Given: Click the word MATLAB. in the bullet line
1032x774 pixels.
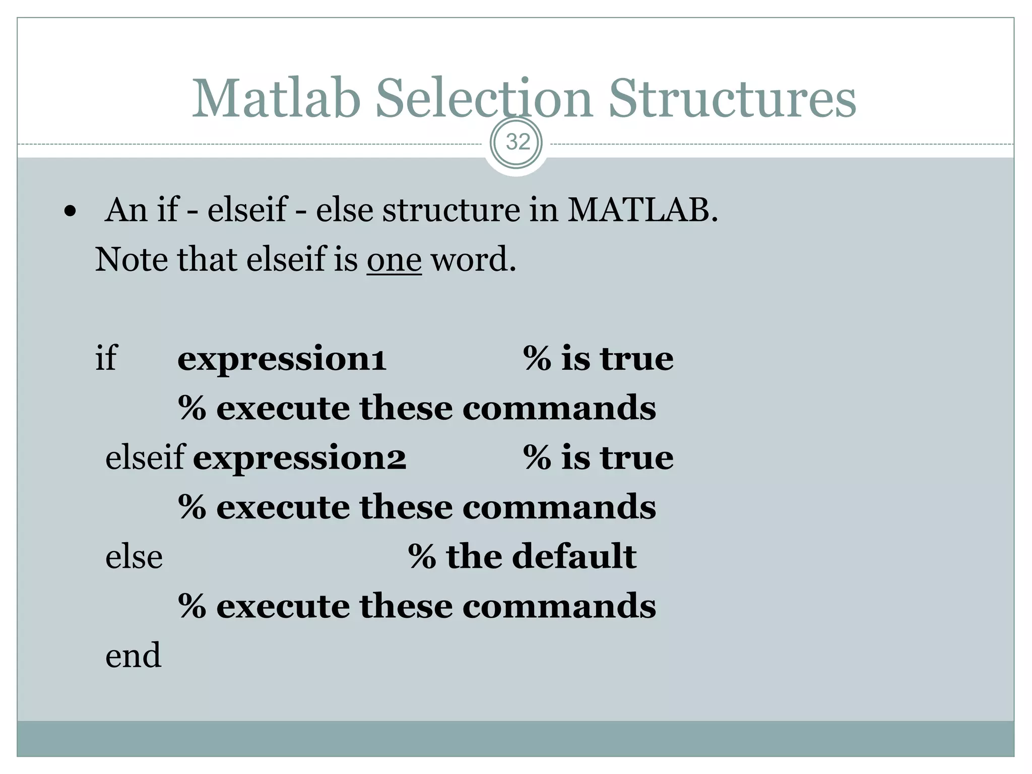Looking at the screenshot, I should coord(642,210).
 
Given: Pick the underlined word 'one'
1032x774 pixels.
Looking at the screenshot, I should coord(394,260).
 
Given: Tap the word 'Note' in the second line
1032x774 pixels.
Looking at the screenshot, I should coord(131,260).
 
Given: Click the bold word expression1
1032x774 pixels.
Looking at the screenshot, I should coord(282,359).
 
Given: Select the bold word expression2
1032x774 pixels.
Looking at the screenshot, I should coord(299,458).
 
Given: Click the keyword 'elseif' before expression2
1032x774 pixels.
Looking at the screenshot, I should coord(145,458).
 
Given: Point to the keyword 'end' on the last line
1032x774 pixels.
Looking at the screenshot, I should coord(133,656).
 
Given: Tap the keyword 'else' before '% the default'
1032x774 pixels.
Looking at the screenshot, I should coord(134,557).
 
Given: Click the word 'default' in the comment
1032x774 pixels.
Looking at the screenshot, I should coord(574,557).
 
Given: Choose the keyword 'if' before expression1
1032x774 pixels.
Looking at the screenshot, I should coord(106,359).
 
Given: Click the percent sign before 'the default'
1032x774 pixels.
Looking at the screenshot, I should coord(422,557).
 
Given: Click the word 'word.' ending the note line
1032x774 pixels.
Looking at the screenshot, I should coord(474,260).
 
